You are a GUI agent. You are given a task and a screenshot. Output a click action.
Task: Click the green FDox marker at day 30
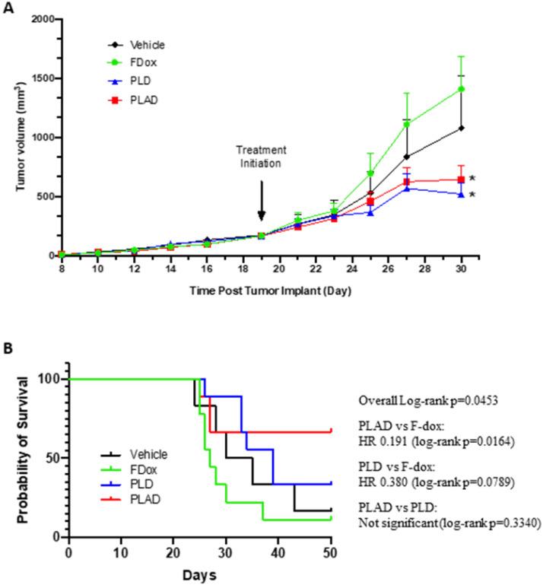coord(461,89)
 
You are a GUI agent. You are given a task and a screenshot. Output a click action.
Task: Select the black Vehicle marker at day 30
coord(461,128)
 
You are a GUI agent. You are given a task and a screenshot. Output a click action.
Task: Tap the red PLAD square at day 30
coord(461,180)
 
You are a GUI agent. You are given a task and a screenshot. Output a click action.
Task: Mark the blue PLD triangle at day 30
coord(461,195)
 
